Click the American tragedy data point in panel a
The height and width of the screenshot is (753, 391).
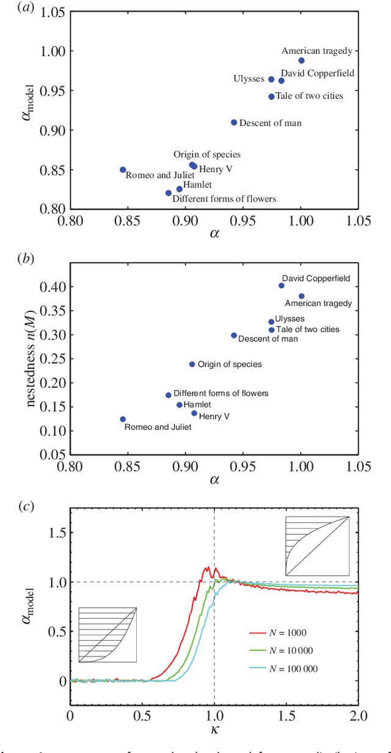coord(301,60)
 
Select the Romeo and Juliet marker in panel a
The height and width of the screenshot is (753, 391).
coord(123,170)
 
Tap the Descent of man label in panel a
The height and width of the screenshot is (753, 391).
coord(270,123)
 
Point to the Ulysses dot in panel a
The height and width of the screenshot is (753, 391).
coord(271,79)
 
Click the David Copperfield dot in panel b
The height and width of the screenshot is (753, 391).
coord(282,285)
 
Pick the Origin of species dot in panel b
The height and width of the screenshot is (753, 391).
coord(192,364)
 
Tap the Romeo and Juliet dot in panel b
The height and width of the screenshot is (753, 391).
coord(123,419)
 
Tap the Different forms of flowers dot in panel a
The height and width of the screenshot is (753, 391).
coord(169,193)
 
